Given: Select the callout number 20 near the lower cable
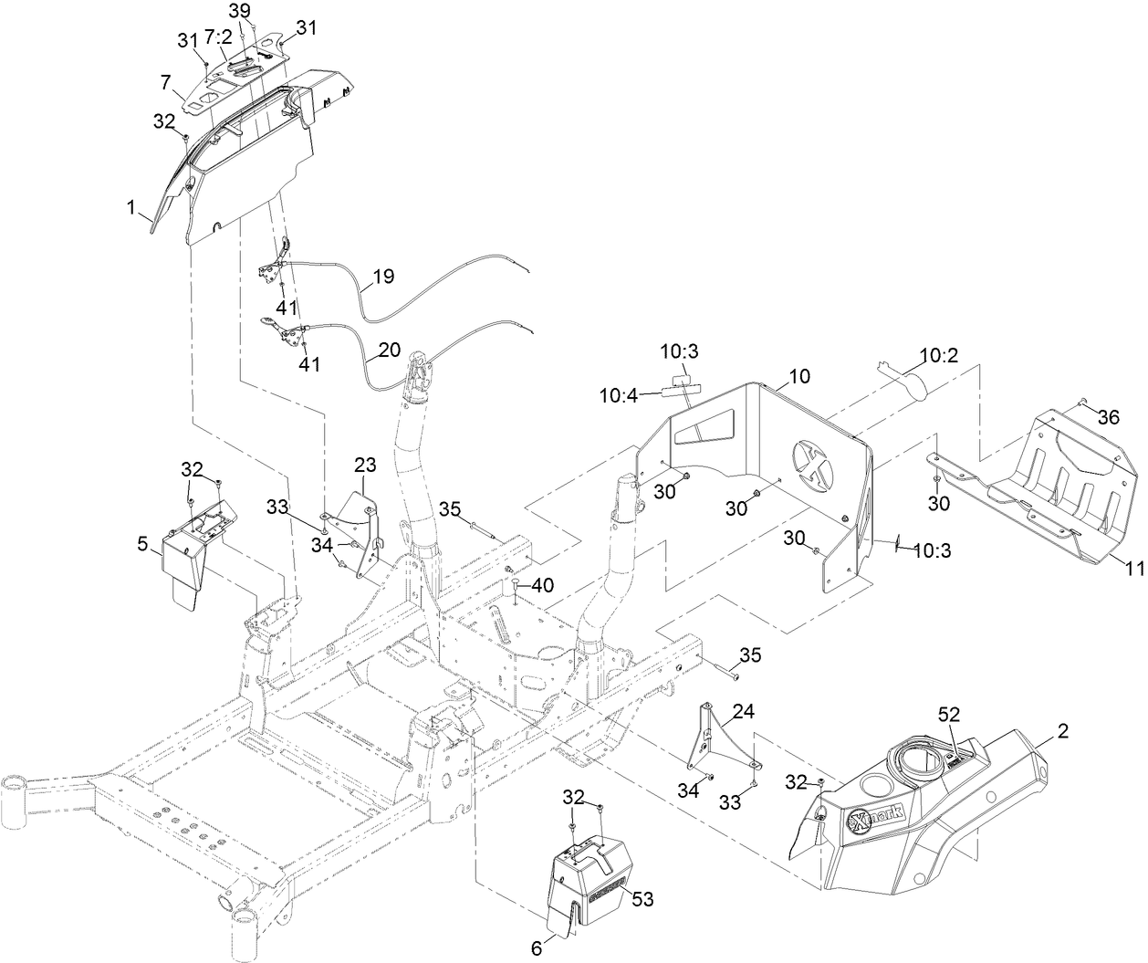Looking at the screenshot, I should click(389, 349).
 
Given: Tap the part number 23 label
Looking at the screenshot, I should click(365, 465).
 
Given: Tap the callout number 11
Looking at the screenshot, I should click(1134, 569).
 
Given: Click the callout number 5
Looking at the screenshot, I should click(141, 544).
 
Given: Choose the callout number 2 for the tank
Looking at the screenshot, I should click(1062, 730).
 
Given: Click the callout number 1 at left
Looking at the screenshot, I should click(132, 209).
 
